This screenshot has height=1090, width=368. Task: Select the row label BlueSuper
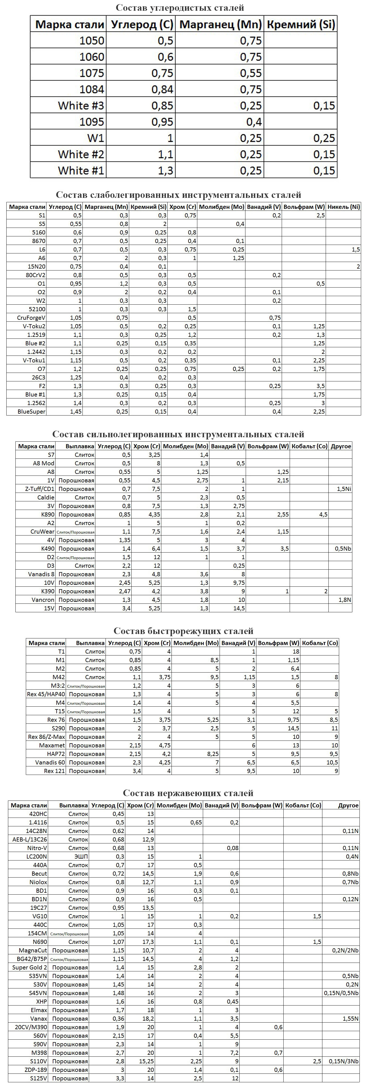tap(32, 412)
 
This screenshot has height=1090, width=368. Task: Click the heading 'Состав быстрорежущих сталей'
tap(183, 631)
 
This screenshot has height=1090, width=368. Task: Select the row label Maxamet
tap(52, 745)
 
